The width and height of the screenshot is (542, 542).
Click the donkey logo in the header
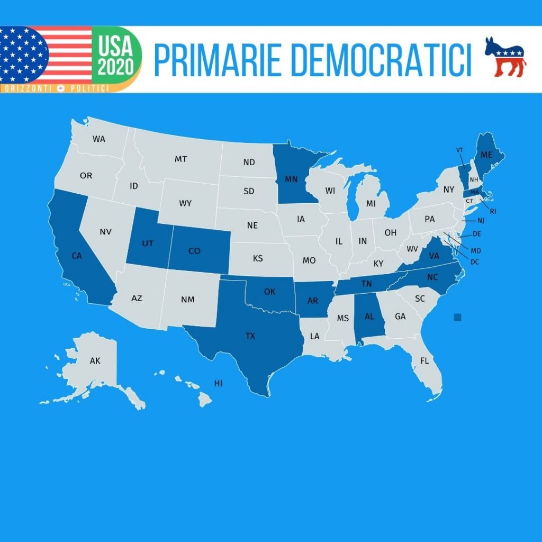pyautogui.click(x=505, y=57)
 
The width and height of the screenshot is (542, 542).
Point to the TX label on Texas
pyautogui.click(x=250, y=336)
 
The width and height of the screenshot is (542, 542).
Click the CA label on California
pyautogui.click(x=77, y=256)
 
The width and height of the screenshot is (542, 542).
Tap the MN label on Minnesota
pyautogui.click(x=291, y=179)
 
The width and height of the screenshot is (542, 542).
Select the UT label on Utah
pyautogui.click(x=148, y=244)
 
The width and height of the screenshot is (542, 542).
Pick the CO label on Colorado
pyautogui.click(x=194, y=250)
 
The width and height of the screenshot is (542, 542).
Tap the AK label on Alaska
pyautogui.click(x=95, y=361)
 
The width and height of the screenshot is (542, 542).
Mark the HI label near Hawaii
pyautogui.click(x=218, y=383)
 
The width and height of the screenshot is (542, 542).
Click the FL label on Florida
pyautogui.click(x=424, y=361)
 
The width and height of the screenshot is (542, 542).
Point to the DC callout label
pyautogui.click(x=474, y=261)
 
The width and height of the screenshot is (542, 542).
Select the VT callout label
pyautogui.click(x=459, y=150)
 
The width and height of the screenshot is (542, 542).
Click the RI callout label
pyautogui.click(x=493, y=211)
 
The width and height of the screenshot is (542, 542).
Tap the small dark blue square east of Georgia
pyautogui.click(x=458, y=317)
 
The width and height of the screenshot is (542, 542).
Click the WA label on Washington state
pyautogui.click(x=99, y=139)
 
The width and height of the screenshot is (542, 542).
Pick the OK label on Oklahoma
pyautogui.click(x=269, y=292)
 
